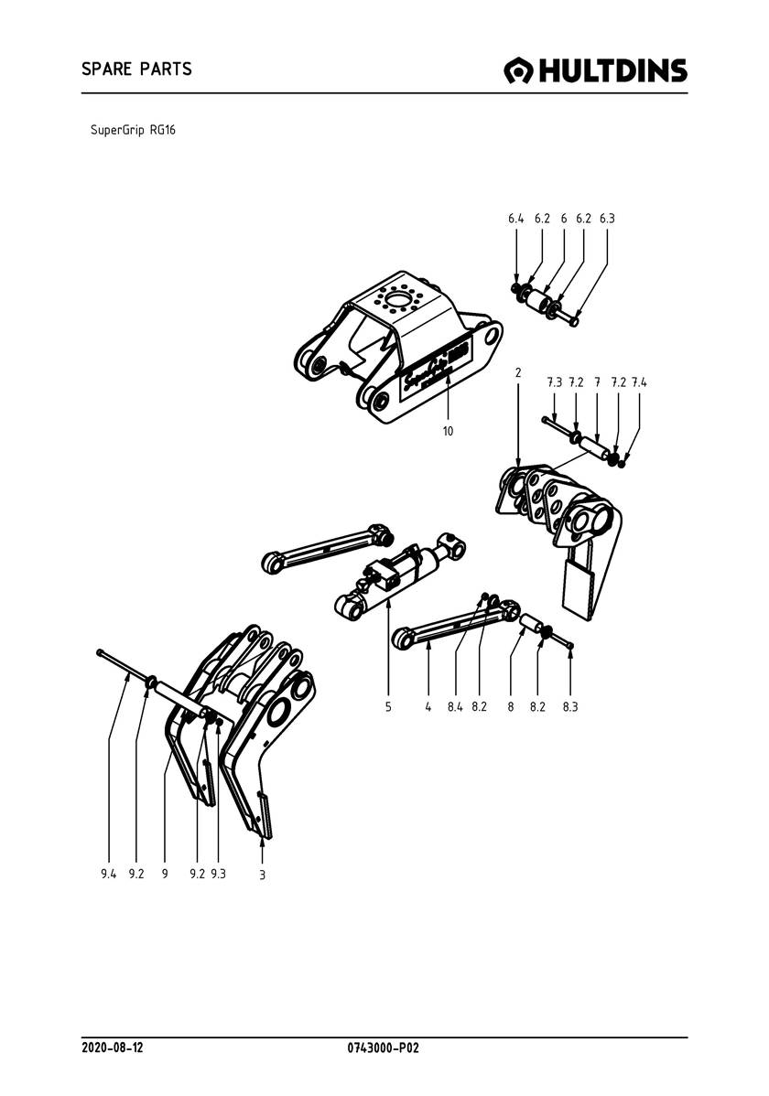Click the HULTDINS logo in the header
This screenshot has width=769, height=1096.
point(596,70)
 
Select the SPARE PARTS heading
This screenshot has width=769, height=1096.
point(136,70)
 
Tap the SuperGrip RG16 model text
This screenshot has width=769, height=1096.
point(133,130)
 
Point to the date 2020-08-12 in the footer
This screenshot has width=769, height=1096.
point(112,1047)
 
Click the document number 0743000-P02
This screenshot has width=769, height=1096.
point(384,1047)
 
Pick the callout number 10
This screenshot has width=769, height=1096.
point(448,431)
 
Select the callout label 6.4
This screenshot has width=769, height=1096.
point(515,220)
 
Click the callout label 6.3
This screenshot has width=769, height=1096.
point(607,220)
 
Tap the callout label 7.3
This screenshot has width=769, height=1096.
point(554,381)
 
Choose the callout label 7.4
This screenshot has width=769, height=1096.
point(639,381)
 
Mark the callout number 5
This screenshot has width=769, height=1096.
point(388,707)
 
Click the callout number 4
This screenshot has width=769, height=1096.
point(428,707)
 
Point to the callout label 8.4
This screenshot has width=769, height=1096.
point(455,707)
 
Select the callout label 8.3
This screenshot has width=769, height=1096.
point(570,707)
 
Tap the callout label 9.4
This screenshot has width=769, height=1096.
point(109,874)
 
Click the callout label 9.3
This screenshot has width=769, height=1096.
point(218,874)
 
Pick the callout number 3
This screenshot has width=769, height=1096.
point(262,875)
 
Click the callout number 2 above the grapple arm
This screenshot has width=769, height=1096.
point(518,372)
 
